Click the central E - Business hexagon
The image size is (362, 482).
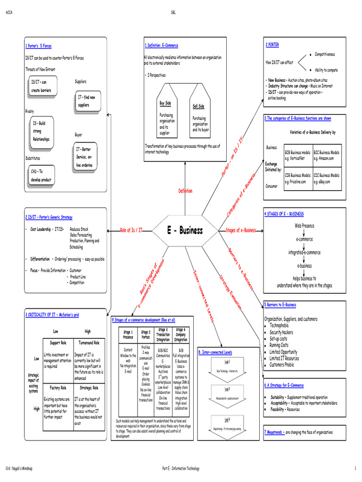tap(184, 230)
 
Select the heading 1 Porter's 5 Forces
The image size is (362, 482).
tap(38, 46)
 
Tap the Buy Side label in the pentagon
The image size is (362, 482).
tap(165, 103)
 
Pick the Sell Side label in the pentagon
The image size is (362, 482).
tap(198, 106)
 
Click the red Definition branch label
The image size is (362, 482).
tap(185, 191)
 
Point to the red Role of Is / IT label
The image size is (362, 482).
tap(131, 230)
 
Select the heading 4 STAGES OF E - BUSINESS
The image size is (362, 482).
tap(284, 214)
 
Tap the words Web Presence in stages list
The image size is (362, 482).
tap(304, 225)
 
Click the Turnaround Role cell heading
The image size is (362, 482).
tap(89, 343)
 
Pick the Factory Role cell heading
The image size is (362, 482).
tap(58, 388)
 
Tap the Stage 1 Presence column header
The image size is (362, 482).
tap(128, 335)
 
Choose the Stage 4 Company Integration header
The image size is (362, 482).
tap(181, 335)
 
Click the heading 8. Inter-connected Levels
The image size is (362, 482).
tap(214, 352)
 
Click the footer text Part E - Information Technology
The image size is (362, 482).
tap(181, 468)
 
